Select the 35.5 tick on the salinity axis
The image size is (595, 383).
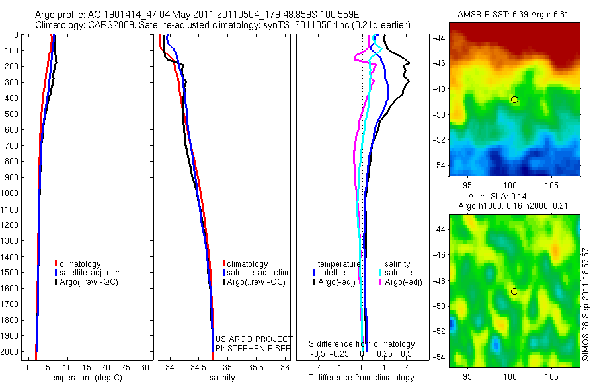tap(255, 367)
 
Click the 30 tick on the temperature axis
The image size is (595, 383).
tap(145, 367)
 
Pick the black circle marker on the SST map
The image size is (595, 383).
tap(514, 100)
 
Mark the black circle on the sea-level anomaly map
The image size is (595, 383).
tap(514, 291)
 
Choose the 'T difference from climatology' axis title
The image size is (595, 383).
tap(362, 378)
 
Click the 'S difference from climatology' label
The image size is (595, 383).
tap(362, 344)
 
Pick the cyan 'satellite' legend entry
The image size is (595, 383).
tap(398, 273)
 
